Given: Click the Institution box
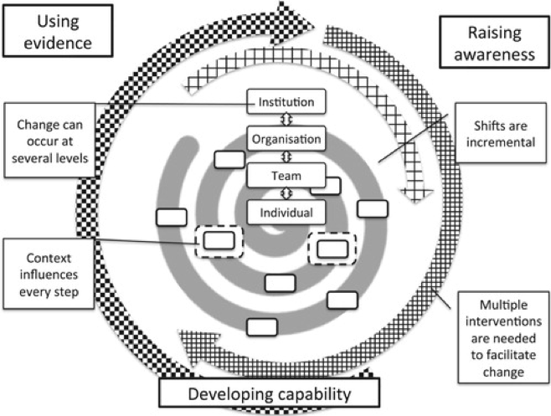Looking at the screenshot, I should (285, 103).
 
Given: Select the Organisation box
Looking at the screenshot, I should (285, 138).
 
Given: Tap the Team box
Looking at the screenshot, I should (285, 175).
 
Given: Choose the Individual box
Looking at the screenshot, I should (285, 212).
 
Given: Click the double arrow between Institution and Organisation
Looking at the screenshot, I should (285, 121).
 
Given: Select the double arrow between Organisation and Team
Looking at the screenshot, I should (285, 157).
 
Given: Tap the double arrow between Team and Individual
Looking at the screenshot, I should (285, 193).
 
